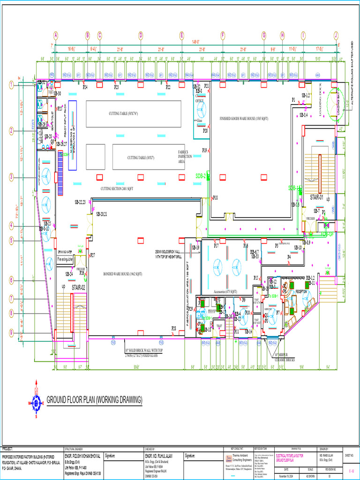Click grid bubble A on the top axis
click(55, 35)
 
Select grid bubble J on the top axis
click(336, 35)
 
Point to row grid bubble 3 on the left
click(11, 177)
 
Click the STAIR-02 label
click(78, 287)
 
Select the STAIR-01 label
click(316, 198)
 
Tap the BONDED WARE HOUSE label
click(123, 274)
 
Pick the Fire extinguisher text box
click(66, 259)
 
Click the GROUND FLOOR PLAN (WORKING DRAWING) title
click(94, 400)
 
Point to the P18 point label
click(215, 198)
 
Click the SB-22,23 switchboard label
click(80, 202)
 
